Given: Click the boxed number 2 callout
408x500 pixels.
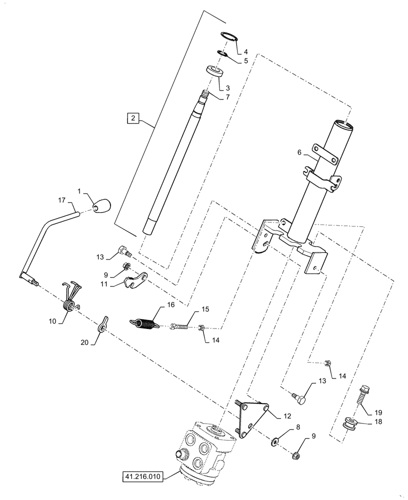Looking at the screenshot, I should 132,118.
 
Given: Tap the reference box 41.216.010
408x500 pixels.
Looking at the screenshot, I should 142,477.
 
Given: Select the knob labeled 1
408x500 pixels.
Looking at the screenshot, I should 102,205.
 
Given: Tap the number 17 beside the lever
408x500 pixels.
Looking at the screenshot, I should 61,200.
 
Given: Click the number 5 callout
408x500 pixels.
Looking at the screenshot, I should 245,61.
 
